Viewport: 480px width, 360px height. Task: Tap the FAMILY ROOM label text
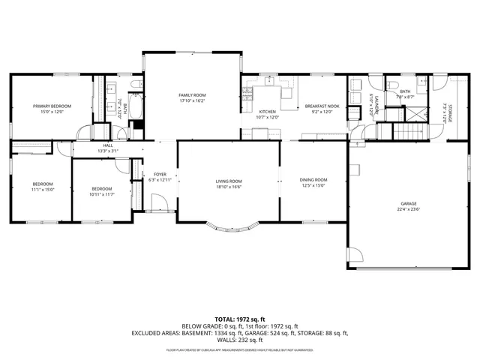[192, 94]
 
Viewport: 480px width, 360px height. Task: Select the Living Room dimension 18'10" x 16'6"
[229, 187]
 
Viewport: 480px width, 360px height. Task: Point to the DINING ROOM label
[313, 180]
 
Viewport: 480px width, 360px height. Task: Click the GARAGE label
[408, 203]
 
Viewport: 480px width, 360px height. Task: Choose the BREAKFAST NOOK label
[322, 106]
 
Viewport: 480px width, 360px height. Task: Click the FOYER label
[160, 174]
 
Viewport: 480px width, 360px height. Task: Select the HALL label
[108, 145]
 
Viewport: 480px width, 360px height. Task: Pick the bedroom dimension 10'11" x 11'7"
[102, 195]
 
